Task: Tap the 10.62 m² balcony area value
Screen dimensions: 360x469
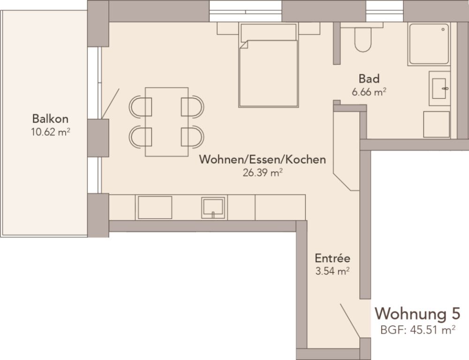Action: coord(50,132)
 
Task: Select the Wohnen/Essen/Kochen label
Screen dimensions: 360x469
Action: coord(262,160)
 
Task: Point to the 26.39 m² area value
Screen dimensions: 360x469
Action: coord(262,173)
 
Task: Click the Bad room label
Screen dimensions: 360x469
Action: coord(369,78)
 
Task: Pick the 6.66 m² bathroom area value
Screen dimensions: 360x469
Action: coord(369,92)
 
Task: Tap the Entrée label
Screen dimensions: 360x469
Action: coord(333,258)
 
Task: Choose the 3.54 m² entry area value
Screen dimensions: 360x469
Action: coord(333,271)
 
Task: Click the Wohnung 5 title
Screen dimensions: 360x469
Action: coord(418,313)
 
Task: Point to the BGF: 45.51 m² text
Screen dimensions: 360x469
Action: coord(418,329)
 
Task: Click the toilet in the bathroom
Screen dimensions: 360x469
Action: coord(363,39)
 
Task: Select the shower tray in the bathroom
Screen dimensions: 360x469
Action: coord(429,44)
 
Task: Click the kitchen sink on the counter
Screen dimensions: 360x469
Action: coord(213,207)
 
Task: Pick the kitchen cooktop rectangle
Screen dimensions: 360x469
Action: coord(154,207)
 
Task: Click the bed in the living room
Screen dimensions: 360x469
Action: coord(268,70)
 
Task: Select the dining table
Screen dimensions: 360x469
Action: coord(166,122)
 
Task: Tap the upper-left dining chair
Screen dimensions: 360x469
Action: coord(140,106)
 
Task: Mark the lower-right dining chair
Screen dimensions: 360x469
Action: coord(193,137)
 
